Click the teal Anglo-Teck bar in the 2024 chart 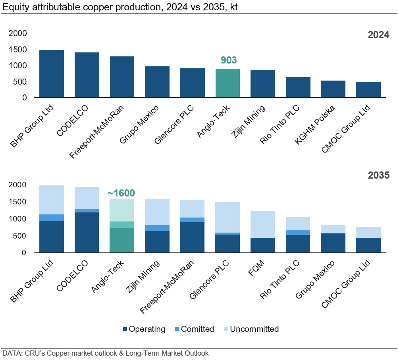pos(227,83)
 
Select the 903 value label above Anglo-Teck pos(228,60)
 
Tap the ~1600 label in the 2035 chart pos(121,193)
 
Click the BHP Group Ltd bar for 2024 pos(52,74)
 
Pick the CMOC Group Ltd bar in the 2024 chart pos(368,90)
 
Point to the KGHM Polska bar pos(333,89)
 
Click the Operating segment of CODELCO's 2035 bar pos(87,233)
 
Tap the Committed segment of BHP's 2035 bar pos(52,218)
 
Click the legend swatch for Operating pos(125,329)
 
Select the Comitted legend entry pos(197,329)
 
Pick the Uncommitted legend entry pos(254,329)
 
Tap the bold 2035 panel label pos(378,175)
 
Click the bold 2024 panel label pos(378,35)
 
